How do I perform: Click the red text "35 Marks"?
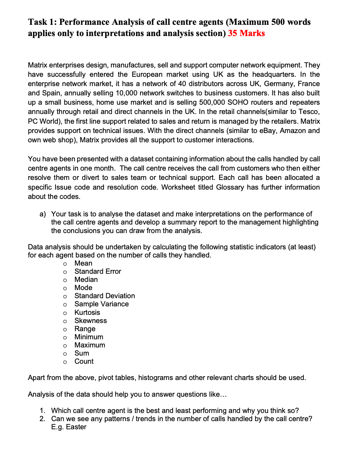(246, 33)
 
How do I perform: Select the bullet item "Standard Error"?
(98, 271)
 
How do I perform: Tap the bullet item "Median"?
(86, 280)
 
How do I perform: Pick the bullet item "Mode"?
(83, 288)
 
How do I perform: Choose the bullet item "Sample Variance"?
(102, 304)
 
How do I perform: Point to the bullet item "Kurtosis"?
(87, 313)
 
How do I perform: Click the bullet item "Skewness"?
(90, 321)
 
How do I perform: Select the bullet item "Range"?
(85, 329)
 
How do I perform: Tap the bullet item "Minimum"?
(89, 337)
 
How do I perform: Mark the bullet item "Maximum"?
(90, 345)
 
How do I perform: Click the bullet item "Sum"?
(82, 353)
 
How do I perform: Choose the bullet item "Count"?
(84, 361)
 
